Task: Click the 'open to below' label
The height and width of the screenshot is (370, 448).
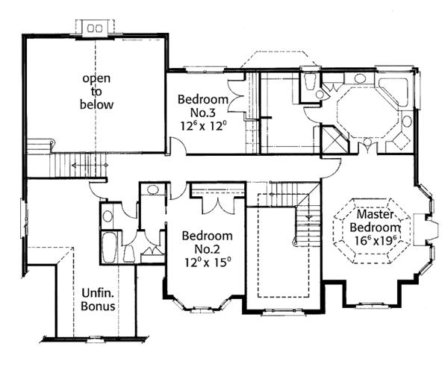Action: click(96, 92)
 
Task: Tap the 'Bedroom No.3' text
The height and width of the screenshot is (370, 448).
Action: click(203, 106)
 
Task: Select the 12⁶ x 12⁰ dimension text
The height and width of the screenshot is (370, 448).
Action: click(203, 125)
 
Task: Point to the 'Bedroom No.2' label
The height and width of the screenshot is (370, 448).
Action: click(208, 242)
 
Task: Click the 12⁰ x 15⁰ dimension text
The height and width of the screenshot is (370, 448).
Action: click(208, 262)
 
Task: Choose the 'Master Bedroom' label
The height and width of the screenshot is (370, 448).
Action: click(376, 221)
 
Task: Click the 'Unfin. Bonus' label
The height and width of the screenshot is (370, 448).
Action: click(98, 299)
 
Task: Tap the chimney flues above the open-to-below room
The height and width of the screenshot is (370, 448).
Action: click(95, 28)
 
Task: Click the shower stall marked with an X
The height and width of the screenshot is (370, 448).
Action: click(335, 139)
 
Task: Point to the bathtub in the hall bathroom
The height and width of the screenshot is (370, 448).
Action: click(109, 247)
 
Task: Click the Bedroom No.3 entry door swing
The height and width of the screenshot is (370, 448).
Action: click(178, 144)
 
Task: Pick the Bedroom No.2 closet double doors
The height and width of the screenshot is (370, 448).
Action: click(218, 204)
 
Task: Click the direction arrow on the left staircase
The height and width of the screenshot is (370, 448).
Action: click(90, 165)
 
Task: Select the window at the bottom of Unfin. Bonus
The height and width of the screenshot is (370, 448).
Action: click(96, 339)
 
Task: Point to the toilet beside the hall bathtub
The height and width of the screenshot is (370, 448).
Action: click(129, 254)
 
